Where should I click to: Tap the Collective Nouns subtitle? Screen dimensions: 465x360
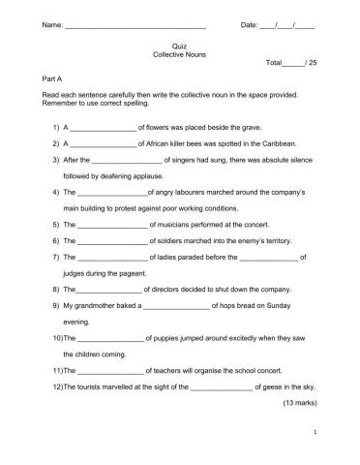(x=179, y=56)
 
